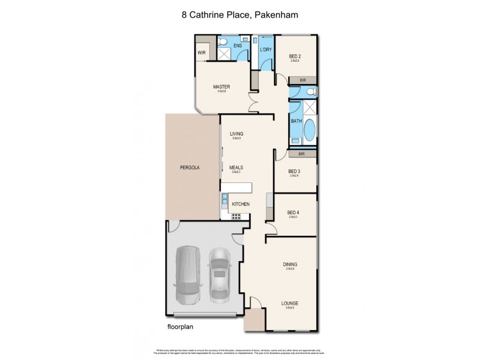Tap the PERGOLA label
point(189,167)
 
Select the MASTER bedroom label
point(221,87)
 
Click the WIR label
point(201,52)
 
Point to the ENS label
point(237,46)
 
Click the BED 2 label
point(295,56)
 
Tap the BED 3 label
point(293,171)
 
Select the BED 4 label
point(293,212)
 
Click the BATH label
point(296,121)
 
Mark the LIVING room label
point(236,134)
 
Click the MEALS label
point(236,168)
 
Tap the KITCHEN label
point(241,205)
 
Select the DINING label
point(290,264)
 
